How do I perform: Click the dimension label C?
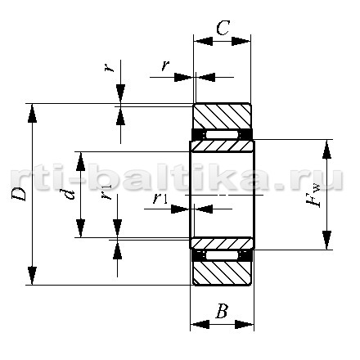point(223,28)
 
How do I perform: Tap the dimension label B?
point(222,311)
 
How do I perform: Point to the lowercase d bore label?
point(70,195)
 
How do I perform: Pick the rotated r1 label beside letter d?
point(106,192)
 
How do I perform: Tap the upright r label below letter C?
point(165,65)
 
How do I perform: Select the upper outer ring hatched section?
point(222,115)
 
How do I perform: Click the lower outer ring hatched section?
point(222,273)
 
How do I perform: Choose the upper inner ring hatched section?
point(222,146)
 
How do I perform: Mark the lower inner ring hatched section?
point(222,243)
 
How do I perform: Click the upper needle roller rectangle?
point(222,135)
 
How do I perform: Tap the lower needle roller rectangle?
point(222,255)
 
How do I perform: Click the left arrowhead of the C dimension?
point(203,42)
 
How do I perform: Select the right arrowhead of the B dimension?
point(245,325)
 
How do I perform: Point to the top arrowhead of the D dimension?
point(32,113)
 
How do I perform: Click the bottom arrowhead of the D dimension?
point(32,276)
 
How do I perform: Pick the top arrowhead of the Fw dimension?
point(326,149)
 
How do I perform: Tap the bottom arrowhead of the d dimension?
point(80,228)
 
